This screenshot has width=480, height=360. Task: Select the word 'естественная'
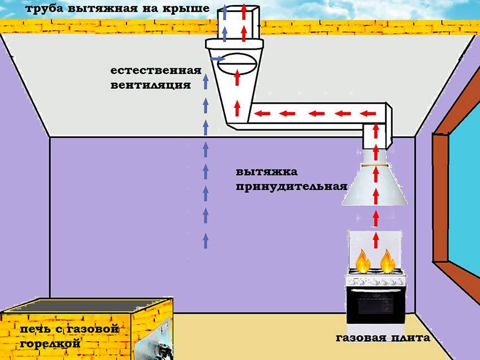coord(156,71)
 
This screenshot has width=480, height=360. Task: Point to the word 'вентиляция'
coord(150,85)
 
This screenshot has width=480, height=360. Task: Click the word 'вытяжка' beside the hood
coord(267,172)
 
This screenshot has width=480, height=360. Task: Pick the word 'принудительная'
coord(291,187)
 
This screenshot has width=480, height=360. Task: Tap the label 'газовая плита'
coord(383,337)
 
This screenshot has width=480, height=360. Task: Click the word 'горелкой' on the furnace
coord(50,343)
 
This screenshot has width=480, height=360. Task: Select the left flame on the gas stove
coord(363,261)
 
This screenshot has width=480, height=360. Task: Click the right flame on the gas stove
coord(387,261)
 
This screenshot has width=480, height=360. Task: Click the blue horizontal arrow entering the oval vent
coord(217,58)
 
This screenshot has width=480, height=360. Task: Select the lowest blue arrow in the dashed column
coord(206,240)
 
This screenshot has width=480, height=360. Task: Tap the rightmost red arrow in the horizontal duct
coord(368,114)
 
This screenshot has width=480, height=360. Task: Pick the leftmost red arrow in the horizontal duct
coord(263,114)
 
